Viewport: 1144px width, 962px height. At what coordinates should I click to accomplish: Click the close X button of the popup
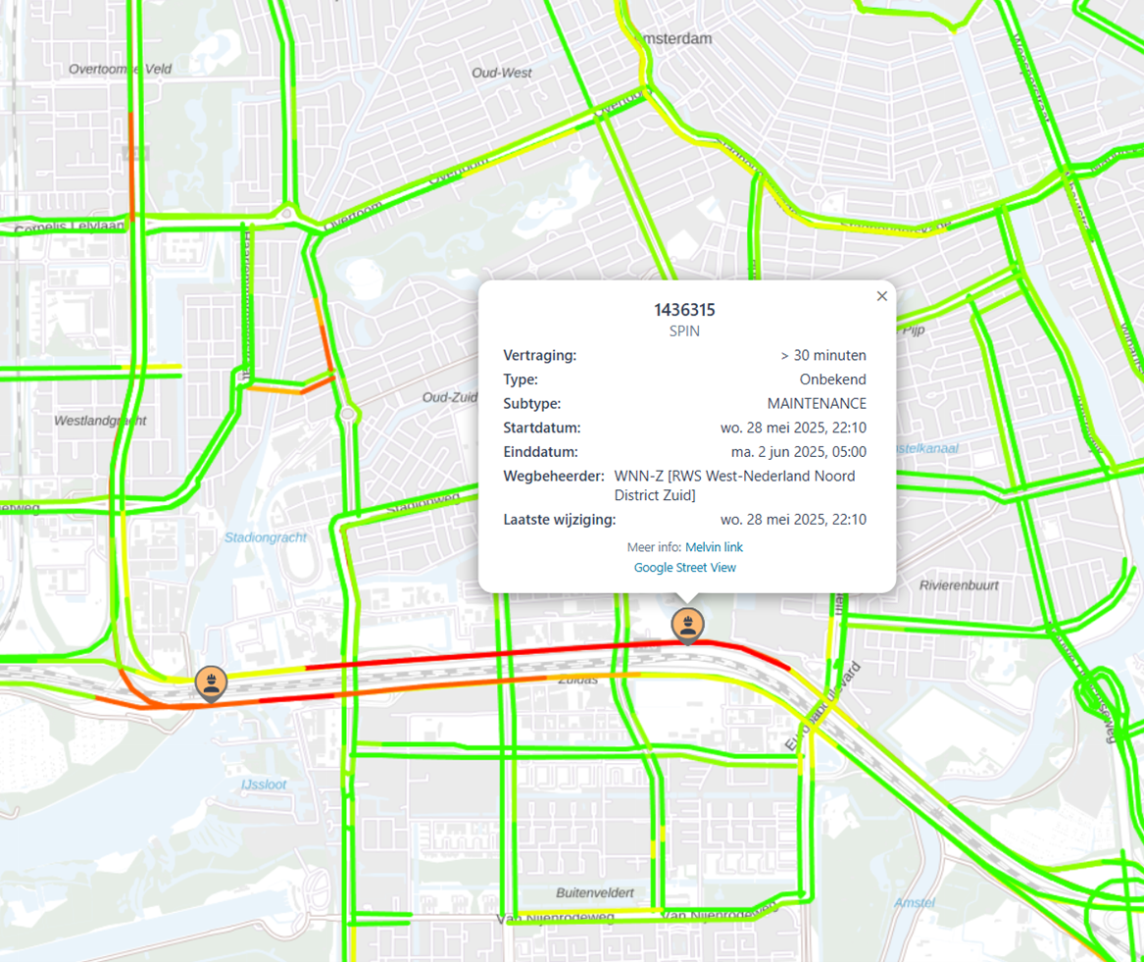pyautogui.click(x=881, y=296)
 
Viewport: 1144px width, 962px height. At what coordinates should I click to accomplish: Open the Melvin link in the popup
pyautogui.click(x=714, y=547)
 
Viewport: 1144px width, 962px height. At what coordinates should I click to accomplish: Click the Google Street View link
pyautogui.click(x=684, y=568)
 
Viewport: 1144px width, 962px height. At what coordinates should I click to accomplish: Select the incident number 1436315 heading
pyautogui.click(x=684, y=310)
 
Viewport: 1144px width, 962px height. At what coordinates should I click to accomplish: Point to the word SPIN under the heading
pyautogui.click(x=684, y=331)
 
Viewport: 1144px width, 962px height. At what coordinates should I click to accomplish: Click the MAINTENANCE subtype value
pyautogui.click(x=817, y=404)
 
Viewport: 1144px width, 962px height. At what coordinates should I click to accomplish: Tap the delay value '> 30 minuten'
pyautogui.click(x=823, y=355)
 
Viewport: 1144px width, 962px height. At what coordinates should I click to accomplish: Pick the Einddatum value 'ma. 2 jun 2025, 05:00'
pyautogui.click(x=798, y=452)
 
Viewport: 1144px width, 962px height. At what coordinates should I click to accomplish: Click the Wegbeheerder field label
pyautogui.click(x=554, y=477)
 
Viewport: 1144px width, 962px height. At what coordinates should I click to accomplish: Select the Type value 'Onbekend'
pyautogui.click(x=832, y=380)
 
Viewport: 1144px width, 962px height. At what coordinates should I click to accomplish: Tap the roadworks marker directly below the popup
pyautogui.click(x=687, y=625)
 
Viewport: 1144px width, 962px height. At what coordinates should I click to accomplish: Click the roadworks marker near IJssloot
pyautogui.click(x=211, y=682)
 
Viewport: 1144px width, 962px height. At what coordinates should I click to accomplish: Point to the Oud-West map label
pyautogui.click(x=502, y=74)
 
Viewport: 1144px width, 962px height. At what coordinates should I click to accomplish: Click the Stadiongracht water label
pyautogui.click(x=266, y=537)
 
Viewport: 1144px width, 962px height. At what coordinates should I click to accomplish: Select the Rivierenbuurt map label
pyautogui.click(x=959, y=585)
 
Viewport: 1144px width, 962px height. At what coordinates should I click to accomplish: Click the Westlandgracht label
pyautogui.click(x=100, y=421)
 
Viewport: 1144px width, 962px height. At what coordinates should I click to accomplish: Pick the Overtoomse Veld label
pyautogui.click(x=121, y=69)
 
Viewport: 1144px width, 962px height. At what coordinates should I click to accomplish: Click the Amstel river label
pyautogui.click(x=915, y=902)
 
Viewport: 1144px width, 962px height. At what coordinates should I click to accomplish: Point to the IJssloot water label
pyautogui.click(x=264, y=785)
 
